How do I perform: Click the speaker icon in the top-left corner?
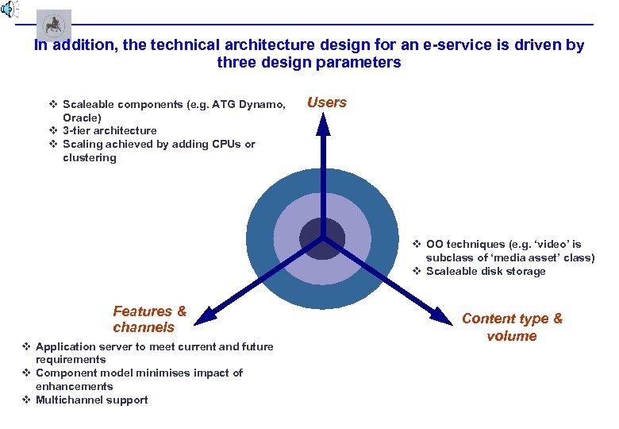(x=7, y=10)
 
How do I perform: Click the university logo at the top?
(x=54, y=25)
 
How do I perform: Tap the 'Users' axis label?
(x=326, y=102)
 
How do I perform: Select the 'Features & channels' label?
(x=149, y=319)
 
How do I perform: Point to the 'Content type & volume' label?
(x=512, y=327)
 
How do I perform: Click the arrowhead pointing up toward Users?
(x=322, y=121)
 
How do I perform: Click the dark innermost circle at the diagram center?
(x=322, y=238)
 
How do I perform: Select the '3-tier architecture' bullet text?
(x=110, y=130)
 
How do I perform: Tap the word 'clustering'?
(x=89, y=157)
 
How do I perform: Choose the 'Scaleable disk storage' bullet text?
(x=486, y=272)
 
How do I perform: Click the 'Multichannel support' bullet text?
(x=92, y=400)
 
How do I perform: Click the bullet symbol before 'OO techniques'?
(x=417, y=245)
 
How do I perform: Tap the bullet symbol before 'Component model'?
(x=26, y=373)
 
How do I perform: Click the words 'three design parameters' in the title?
(x=309, y=63)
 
